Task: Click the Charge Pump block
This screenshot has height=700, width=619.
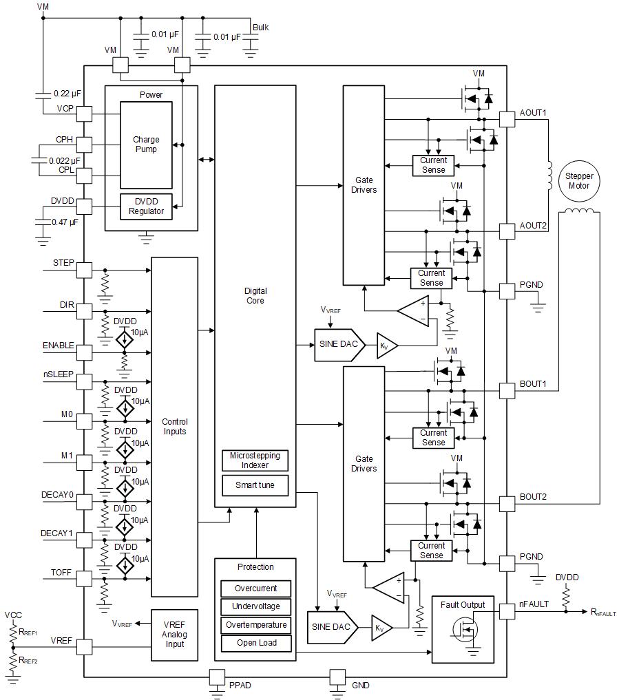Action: pos(145,145)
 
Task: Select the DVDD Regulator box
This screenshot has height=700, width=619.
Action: pos(146,206)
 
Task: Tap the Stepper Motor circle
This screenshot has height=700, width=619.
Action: pos(578,180)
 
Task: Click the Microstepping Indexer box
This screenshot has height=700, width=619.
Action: pos(255,460)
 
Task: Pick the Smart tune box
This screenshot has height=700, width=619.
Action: pos(255,485)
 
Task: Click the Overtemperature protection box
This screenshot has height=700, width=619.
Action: pos(255,625)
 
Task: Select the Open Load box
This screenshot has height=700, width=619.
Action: pos(255,643)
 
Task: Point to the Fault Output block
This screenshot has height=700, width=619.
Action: pos(462,629)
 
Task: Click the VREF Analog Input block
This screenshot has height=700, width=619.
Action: pos(174,635)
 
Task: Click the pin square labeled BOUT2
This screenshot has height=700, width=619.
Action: pos(507,504)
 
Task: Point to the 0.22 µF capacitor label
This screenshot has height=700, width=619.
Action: pos(66,93)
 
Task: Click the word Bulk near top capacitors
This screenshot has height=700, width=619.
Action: pos(260,28)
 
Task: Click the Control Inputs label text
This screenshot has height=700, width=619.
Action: pos(174,427)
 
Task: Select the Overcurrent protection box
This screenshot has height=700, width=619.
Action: pos(255,588)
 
